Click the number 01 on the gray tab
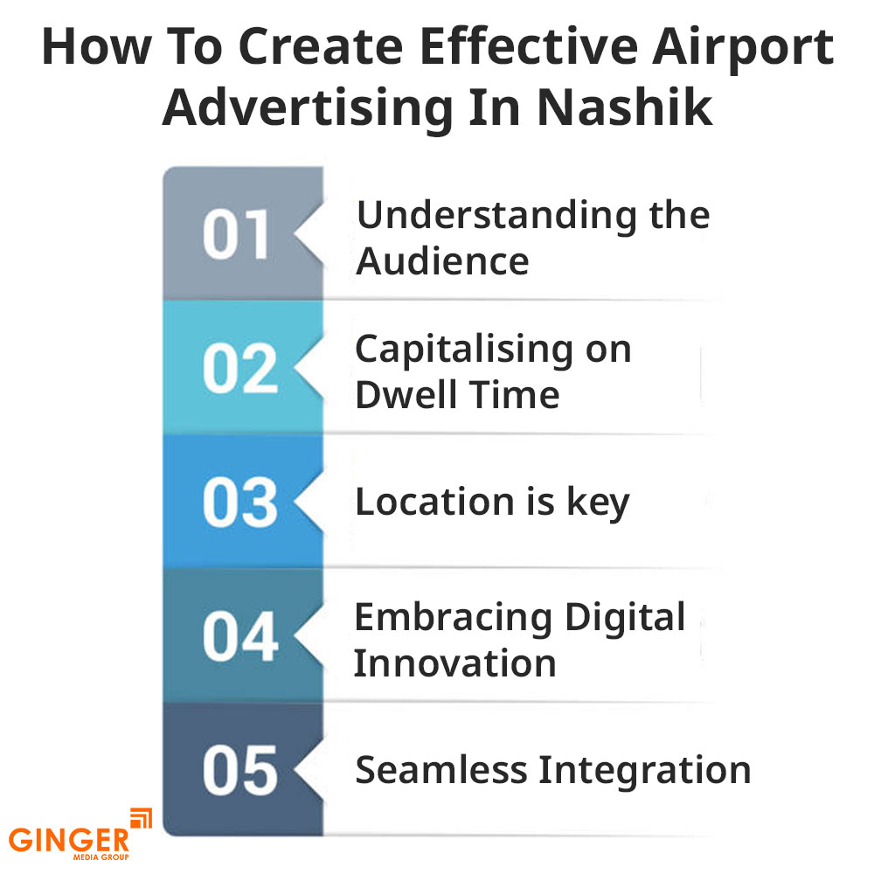[x=236, y=234]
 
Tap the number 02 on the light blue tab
[x=240, y=369]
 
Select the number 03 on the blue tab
[x=240, y=503]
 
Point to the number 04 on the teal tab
[x=240, y=636]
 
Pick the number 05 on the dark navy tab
[x=240, y=770]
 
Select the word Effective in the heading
[x=529, y=46]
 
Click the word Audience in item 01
[x=442, y=261]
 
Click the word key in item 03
[x=598, y=504]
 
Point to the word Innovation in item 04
[x=454, y=663]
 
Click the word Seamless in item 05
[x=441, y=770]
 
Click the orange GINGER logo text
[x=69, y=840]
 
